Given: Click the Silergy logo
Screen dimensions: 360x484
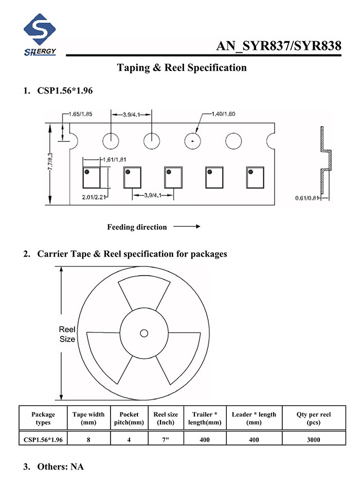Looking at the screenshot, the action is click(40, 34).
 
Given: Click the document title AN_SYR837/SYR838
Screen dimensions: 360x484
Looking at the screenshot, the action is click(279, 46).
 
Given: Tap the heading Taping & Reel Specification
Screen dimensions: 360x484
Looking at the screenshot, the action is click(182, 67).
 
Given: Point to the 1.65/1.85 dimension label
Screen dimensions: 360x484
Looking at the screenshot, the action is click(80, 114).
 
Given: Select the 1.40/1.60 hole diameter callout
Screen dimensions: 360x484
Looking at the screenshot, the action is click(223, 114).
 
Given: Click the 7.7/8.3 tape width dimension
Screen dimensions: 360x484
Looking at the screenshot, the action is click(50, 161).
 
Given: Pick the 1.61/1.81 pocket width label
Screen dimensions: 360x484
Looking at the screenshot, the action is click(114, 159).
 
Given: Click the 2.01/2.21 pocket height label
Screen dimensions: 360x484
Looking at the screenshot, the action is click(94, 197).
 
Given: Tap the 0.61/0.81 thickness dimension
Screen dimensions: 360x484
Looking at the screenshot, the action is click(307, 198).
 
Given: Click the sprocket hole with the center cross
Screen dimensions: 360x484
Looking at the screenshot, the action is click(192, 141).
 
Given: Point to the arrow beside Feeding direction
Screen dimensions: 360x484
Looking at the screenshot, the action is click(187, 226).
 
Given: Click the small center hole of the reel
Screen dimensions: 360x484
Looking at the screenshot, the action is click(144, 333).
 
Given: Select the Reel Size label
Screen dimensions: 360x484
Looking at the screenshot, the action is click(67, 334).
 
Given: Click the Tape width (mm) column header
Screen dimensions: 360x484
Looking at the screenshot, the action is click(88, 418).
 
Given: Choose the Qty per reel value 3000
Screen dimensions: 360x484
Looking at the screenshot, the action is click(313, 440).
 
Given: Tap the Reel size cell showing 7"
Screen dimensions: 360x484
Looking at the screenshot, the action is click(166, 440).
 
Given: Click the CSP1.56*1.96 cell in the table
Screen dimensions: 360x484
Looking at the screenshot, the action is click(43, 440).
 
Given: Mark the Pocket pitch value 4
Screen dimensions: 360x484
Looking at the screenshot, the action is click(129, 440).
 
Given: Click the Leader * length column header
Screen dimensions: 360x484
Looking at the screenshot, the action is click(254, 418).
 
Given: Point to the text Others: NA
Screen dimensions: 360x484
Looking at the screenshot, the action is click(61, 467).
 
